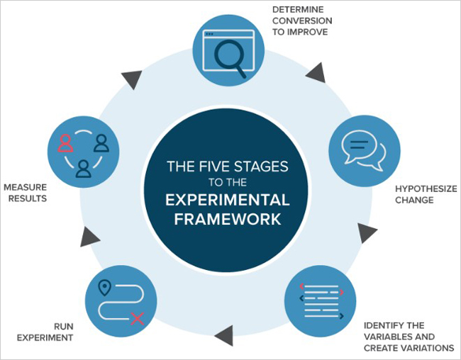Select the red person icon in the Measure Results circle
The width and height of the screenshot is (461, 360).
66,144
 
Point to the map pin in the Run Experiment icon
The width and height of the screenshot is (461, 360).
105,288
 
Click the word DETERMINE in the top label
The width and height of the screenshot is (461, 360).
297,9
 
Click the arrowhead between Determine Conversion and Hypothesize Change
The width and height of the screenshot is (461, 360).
317,72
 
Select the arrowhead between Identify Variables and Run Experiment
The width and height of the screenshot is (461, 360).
223,332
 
